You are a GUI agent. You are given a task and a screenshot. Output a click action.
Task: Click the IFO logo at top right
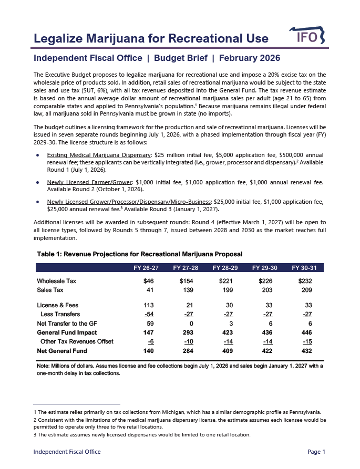(307, 37)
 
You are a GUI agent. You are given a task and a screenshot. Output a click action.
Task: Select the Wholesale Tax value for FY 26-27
(148, 282)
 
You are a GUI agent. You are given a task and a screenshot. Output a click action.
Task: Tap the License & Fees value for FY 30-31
(307, 305)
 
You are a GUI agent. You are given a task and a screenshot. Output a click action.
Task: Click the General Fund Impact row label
(67, 332)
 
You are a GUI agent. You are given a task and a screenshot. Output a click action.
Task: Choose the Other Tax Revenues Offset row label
(77, 342)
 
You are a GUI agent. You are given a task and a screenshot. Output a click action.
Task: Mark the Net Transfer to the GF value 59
(149, 324)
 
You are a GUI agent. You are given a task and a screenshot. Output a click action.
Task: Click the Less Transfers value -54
(148, 315)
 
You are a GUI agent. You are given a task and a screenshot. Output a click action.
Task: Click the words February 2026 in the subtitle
(250, 58)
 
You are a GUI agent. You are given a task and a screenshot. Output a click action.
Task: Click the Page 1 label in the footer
(316, 452)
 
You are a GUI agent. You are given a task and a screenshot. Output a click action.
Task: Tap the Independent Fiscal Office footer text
(67, 452)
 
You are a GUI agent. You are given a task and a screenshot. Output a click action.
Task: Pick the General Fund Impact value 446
(307, 332)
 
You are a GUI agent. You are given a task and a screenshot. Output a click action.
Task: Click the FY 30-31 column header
(307, 268)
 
